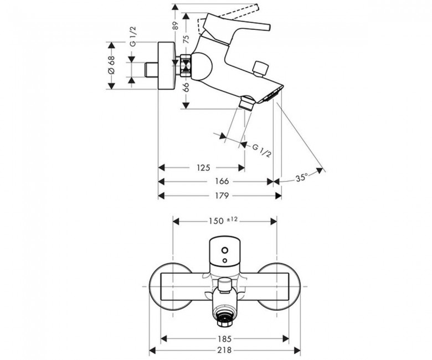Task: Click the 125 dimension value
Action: pos(203,167)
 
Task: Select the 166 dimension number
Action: pos(222,181)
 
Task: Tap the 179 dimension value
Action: pos(222,196)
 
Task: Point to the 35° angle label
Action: pos(302,178)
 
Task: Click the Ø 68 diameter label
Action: pos(111,65)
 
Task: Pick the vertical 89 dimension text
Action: pos(175,25)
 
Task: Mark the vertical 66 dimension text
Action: pos(186,88)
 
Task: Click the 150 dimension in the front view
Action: pos(216,221)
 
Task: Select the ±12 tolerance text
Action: pos(232,219)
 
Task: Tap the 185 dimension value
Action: pos(224,338)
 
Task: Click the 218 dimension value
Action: pos(224,350)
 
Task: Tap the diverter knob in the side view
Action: pos(261,68)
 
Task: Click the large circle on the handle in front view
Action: pos(225,251)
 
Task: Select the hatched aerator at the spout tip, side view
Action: pos(271,96)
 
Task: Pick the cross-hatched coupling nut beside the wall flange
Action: pos(186,66)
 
